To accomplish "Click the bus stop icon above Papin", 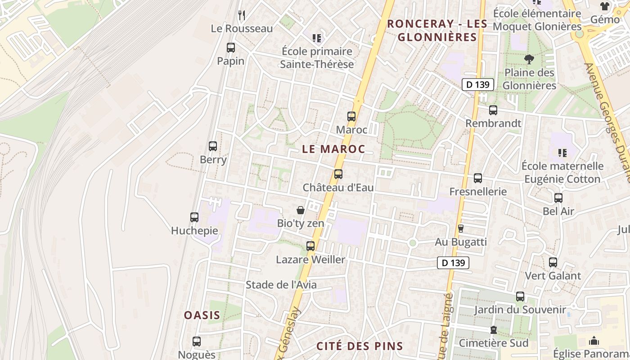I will click(x=231, y=47).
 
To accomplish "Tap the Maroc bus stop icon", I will click(x=351, y=117).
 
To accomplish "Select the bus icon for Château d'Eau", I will click(x=338, y=174).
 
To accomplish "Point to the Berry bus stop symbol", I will click(x=213, y=146).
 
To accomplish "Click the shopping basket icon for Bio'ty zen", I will click(x=301, y=210).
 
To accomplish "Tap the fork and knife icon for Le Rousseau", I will click(x=242, y=15).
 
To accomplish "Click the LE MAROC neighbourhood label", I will click(x=333, y=149).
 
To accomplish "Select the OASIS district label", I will click(x=202, y=315).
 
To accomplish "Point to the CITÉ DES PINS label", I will click(x=360, y=346).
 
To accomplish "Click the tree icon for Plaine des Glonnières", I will click(x=529, y=59).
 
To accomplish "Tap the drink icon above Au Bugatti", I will click(x=460, y=229).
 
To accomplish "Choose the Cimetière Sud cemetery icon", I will click(x=494, y=330).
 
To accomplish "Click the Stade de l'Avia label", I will click(x=281, y=284).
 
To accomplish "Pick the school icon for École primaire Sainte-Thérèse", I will click(x=317, y=38).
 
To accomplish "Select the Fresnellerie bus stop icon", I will click(x=478, y=178).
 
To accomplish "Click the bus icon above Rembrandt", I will click(x=493, y=110).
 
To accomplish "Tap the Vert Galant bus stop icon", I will click(x=553, y=262).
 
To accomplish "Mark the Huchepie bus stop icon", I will click(x=194, y=217).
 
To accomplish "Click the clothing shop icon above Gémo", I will click(x=605, y=6).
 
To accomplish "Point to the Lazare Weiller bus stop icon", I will click(x=310, y=246).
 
